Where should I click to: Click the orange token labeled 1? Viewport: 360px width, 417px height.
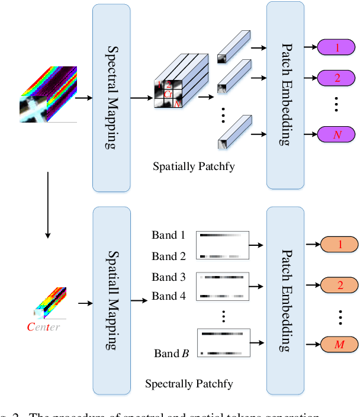(x=340, y=244)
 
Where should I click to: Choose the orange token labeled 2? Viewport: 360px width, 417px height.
(x=340, y=285)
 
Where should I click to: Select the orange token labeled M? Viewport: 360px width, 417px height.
(x=340, y=344)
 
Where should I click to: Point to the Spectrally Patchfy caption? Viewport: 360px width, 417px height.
(x=189, y=384)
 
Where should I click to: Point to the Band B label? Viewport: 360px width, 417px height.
(x=171, y=354)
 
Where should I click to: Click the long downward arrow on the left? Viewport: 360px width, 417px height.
(x=48, y=204)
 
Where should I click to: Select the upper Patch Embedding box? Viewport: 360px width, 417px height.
(x=286, y=95)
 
